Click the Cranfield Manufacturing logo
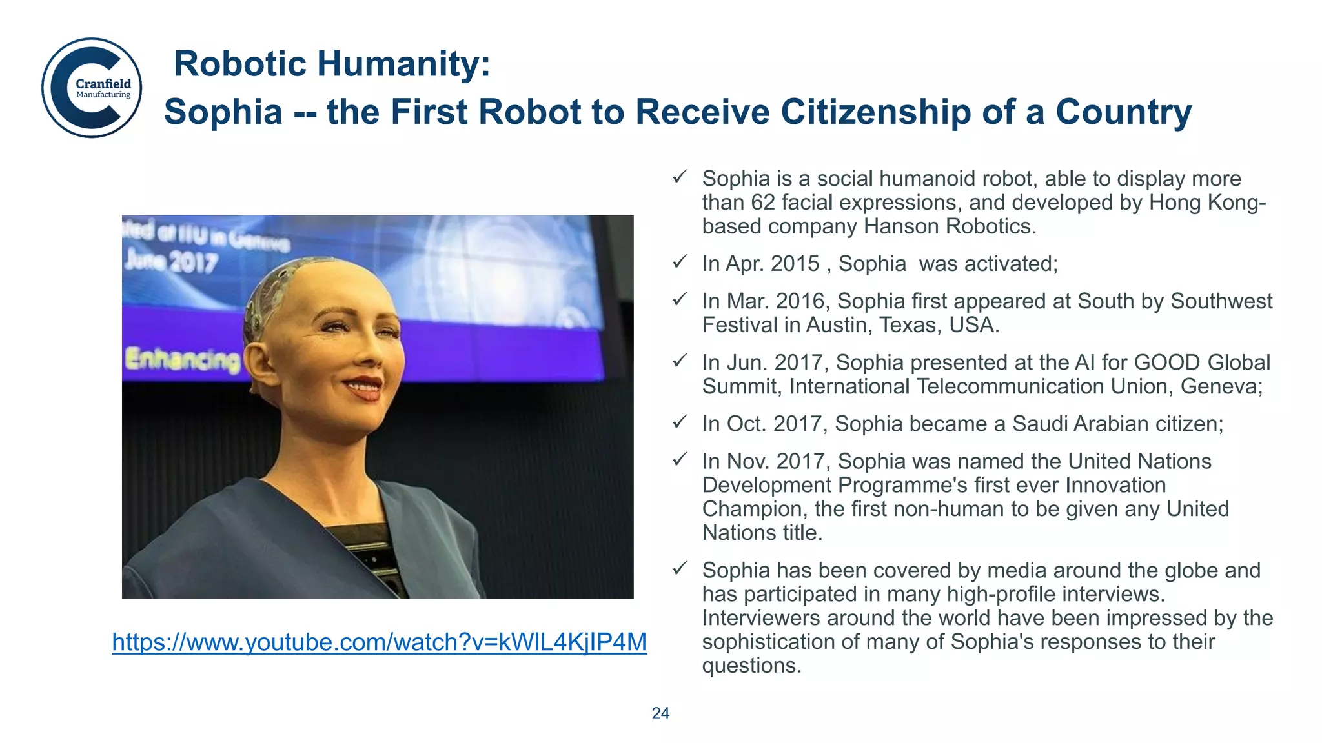(x=92, y=88)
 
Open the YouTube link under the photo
(x=379, y=642)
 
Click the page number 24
(x=660, y=713)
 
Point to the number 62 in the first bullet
(x=763, y=203)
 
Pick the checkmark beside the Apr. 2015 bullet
(x=680, y=262)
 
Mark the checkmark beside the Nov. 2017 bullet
(x=680, y=459)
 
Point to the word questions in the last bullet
(x=751, y=666)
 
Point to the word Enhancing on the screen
(x=182, y=359)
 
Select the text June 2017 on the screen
(x=170, y=262)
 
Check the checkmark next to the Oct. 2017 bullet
(x=680, y=422)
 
